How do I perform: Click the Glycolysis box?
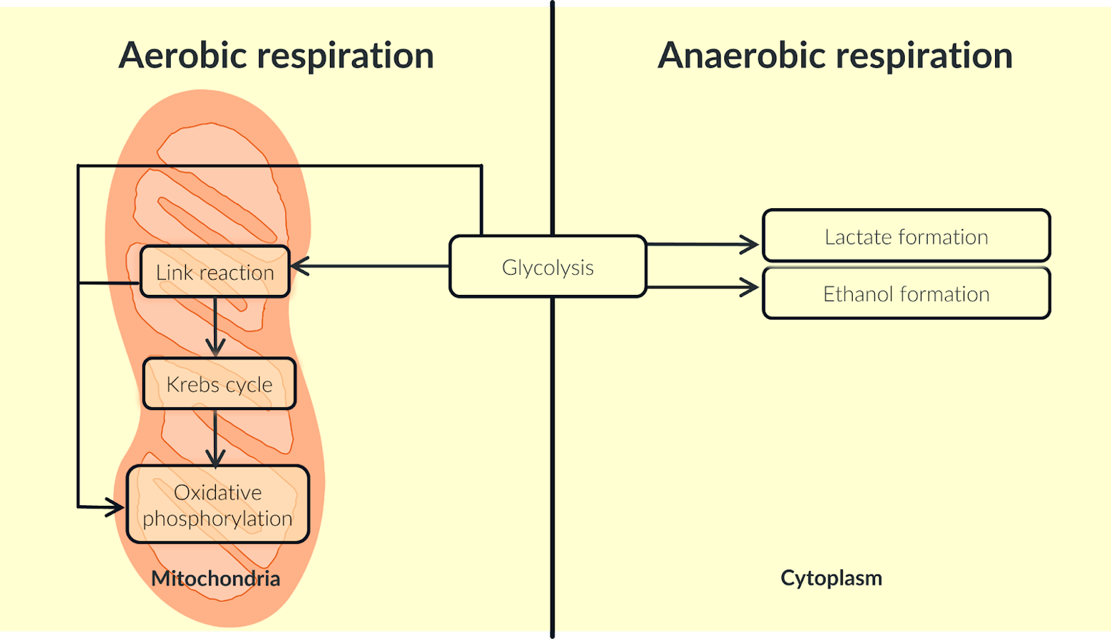(547, 267)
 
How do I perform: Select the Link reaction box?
(215, 272)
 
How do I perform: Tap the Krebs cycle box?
(219, 384)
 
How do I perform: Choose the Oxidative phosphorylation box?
(217, 504)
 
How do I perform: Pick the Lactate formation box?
(906, 236)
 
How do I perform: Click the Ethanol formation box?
(906, 293)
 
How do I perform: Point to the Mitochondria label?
(215, 578)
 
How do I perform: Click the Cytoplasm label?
(831, 577)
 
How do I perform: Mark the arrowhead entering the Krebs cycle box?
(215, 348)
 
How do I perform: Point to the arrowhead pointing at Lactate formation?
(751, 245)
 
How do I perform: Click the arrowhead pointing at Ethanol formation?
(751, 288)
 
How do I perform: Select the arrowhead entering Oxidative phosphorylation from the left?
(116, 508)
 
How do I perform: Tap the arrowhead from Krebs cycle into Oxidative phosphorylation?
(215, 458)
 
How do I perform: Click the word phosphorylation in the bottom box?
(217, 519)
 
